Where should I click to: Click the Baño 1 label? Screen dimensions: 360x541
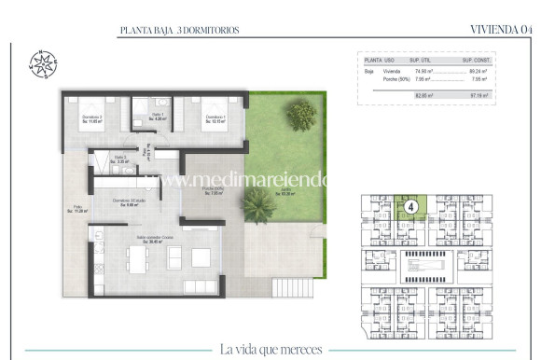click(158, 118)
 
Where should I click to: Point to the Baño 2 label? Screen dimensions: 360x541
click(119, 159)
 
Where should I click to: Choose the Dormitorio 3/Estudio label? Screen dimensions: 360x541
click(130, 203)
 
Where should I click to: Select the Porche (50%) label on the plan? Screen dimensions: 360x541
click(214, 191)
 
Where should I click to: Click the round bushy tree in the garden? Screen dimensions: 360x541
click(300, 113)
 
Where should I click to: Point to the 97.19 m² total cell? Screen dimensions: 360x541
click(479, 95)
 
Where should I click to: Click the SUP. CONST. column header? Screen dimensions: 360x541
click(477, 59)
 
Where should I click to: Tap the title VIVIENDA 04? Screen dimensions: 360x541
click(502, 30)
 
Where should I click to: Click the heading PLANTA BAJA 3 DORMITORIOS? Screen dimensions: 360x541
click(179, 31)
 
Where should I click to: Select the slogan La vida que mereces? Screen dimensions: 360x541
click(271, 350)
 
